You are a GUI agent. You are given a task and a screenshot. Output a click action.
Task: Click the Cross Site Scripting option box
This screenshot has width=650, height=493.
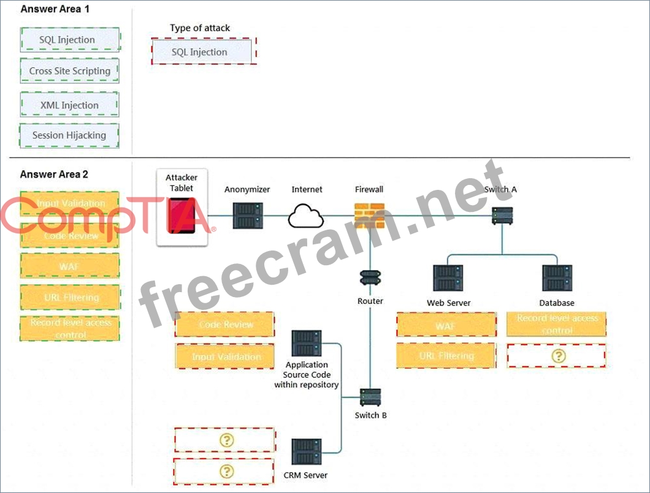click(69, 71)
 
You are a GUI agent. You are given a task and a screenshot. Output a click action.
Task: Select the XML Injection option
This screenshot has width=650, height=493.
click(69, 105)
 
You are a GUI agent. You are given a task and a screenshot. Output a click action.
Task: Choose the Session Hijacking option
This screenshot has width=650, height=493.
click(69, 135)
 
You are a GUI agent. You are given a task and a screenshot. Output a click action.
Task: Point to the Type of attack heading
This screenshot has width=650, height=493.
click(200, 28)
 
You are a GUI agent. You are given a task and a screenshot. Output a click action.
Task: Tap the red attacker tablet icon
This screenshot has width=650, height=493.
click(182, 216)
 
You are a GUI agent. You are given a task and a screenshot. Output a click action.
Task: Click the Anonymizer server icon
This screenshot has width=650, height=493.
click(248, 215)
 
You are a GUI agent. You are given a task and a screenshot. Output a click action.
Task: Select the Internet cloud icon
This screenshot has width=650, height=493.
click(307, 216)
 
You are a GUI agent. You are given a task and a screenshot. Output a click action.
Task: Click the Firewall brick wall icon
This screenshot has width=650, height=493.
click(369, 216)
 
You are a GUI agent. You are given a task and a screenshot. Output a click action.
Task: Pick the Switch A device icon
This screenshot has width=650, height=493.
click(502, 216)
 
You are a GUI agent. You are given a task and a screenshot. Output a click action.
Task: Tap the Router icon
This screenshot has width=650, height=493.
click(370, 279)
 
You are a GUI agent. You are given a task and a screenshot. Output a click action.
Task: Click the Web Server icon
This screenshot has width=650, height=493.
click(448, 278)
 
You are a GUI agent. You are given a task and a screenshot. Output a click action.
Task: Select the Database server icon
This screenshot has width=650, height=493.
click(557, 278)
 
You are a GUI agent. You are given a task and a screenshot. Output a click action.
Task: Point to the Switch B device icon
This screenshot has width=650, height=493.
click(370, 396)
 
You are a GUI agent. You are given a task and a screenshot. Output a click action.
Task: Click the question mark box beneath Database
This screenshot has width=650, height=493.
click(556, 356)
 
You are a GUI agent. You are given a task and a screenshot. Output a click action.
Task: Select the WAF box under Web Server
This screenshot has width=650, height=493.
click(446, 325)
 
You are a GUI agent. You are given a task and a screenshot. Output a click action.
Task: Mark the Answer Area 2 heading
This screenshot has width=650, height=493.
click(54, 174)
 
